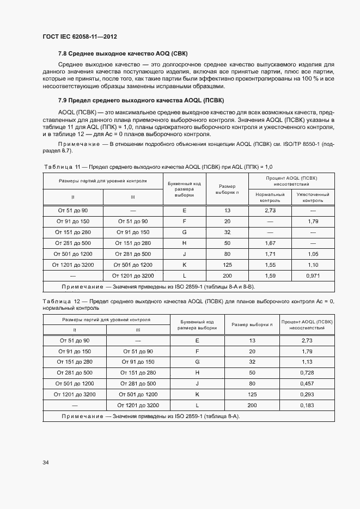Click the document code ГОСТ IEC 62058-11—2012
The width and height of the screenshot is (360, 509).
point(80,37)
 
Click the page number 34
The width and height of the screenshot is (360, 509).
point(46,462)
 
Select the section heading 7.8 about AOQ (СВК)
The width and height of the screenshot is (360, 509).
point(114,53)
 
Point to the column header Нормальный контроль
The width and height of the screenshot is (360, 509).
point(270,197)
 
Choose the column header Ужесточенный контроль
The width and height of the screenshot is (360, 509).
point(313,197)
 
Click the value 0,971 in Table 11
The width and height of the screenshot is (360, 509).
point(313,275)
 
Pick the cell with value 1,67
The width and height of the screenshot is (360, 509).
point(270,243)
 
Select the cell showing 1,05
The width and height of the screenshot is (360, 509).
point(313,254)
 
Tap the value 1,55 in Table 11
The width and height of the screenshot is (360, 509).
point(270,265)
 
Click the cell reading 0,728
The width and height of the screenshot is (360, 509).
point(307,372)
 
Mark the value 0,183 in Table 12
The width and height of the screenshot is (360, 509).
point(307,405)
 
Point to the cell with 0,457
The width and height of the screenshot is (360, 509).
point(307,383)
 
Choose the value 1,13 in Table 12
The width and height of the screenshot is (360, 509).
point(307,361)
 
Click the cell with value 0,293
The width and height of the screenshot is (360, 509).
point(307,394)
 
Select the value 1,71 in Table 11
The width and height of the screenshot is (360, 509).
point(270,254)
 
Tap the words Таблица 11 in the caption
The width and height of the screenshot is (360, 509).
point(61,167)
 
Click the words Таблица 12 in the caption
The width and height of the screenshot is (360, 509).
point(61,301)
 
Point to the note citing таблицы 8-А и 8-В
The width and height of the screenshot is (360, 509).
point(158,286)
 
